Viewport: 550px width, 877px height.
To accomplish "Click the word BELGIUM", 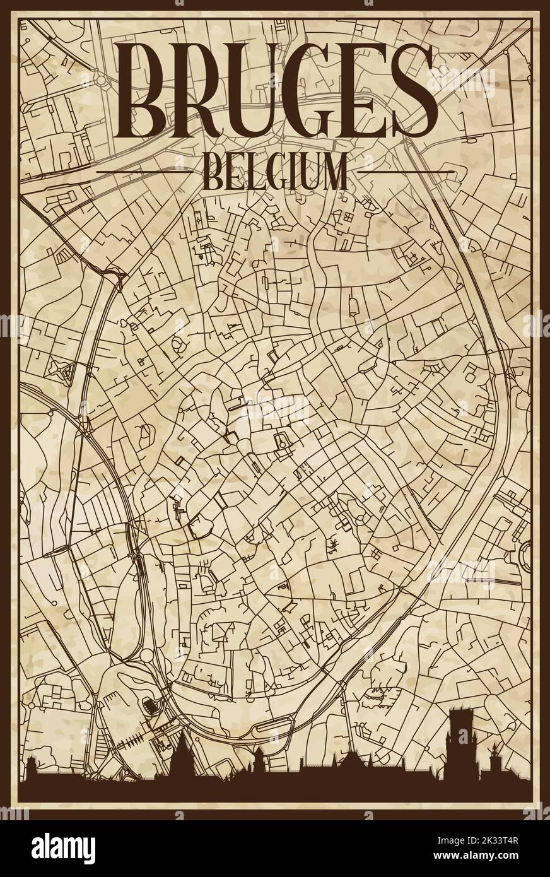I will [x=275, y=171].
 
